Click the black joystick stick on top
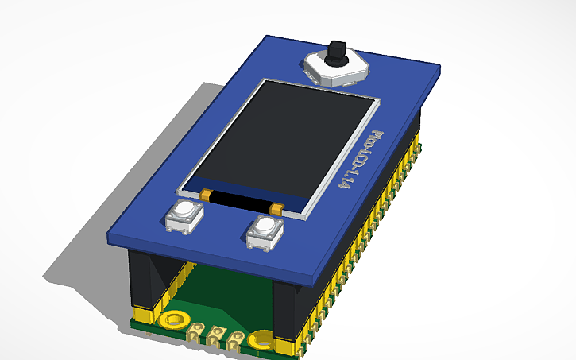coord(338,52)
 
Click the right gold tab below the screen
coord(276,207)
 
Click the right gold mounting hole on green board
coord(260,341)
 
